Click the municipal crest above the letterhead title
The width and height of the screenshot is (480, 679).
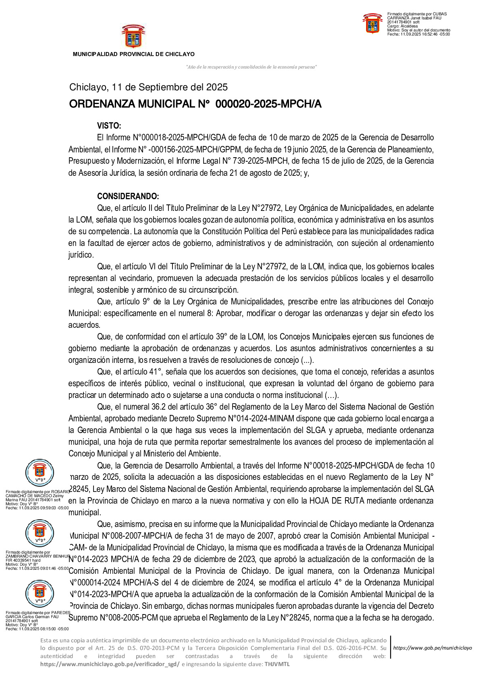tap(133, 36)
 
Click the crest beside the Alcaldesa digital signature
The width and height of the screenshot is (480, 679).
tap(372, 23)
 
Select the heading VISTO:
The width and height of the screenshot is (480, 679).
tap(109, 126)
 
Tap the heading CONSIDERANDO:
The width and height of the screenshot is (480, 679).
tap(128, 196)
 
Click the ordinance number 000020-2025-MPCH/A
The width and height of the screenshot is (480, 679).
tap(268, 104)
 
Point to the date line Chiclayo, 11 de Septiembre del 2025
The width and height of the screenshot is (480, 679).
tap(148, 87)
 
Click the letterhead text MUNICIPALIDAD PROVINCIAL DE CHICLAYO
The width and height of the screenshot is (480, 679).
tap(133, 54)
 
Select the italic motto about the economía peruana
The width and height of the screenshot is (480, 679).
tap(251, 67)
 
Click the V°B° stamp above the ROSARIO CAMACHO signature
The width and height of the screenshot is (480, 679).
tap(39, 473)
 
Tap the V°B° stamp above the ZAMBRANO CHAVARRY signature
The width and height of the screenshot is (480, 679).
tap(39, 533)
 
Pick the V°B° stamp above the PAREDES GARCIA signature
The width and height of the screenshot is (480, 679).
tap(39, 594)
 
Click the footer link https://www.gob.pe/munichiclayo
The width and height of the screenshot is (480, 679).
tap(432, 648)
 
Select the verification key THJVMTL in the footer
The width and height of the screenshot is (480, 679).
tap(277, 664)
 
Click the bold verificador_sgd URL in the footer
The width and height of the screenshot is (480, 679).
tap(110, 664)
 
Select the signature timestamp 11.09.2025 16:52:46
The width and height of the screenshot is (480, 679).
tap(419, 34)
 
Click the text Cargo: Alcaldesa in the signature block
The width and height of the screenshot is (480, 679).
tap(403, 26)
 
